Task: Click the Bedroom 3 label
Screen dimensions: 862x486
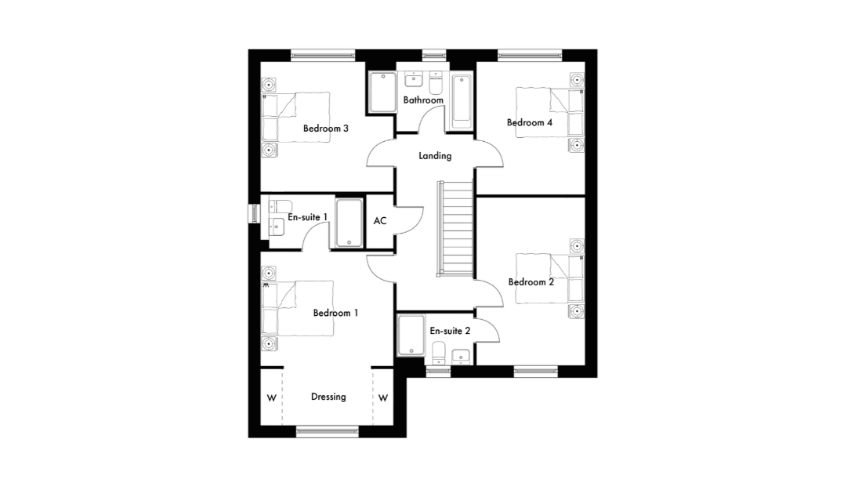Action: (325, 129)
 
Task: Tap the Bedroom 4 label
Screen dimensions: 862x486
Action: (530, 122)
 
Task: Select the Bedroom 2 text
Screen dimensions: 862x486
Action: (531, 282)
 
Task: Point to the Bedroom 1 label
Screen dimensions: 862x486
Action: (335, 313)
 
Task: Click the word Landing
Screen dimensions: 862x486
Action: (435, 156)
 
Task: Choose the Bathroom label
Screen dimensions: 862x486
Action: (423, 100)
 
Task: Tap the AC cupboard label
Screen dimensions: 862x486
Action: (380, 221)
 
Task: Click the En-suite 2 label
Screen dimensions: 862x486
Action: (450, 331)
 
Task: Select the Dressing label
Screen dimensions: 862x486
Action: (328, 397)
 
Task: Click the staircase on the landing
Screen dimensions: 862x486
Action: (456, 228)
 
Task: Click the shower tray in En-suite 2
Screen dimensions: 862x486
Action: (411, 335)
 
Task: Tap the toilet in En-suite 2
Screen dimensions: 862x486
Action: (439, 353)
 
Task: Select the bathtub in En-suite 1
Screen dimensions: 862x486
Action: (349, 223)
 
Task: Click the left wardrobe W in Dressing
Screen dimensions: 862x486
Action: (272, 398)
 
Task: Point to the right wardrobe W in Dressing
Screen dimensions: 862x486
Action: (383, 398)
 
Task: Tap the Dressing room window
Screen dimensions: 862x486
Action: (328, 432)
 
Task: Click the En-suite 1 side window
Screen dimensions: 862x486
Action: (255, 214)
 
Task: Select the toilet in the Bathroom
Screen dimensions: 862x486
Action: (436, 84)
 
